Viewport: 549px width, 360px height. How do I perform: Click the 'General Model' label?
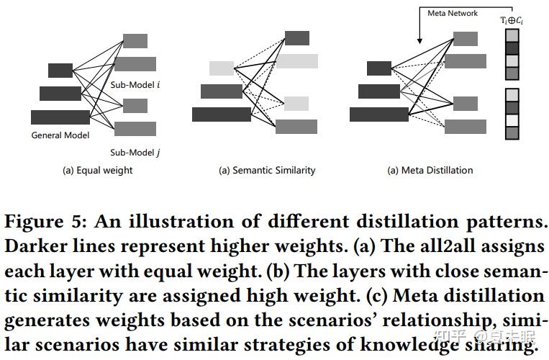point(60,135)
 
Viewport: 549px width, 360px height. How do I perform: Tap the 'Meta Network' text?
point(453,13)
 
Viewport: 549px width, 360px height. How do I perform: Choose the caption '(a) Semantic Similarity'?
point(267,171)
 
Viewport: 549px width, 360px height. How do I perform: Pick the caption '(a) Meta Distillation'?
point(430,171)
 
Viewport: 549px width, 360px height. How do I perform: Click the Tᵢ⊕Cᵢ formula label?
point(512,19)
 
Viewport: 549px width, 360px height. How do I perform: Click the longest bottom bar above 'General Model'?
point(60,117)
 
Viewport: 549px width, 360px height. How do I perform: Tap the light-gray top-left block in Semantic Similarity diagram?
point(222,68)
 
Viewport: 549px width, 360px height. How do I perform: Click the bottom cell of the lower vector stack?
point(512,133)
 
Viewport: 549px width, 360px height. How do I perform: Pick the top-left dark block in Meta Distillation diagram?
point(378,68)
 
